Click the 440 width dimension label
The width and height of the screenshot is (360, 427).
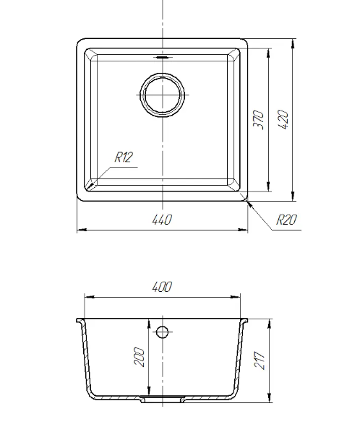tap(162, 220)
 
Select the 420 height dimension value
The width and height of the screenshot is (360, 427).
tap(283, 119)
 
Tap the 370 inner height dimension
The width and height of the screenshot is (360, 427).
tap(258, 120)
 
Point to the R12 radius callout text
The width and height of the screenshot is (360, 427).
tap(124, 157)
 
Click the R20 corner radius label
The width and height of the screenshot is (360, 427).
tap(286, 220)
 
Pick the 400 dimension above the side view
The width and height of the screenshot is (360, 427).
tap(162, 287)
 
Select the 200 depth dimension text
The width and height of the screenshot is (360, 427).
tap(139, 357)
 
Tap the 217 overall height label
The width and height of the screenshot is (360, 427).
tap(260, 361)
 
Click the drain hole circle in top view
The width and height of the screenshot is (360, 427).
tap(162, 74)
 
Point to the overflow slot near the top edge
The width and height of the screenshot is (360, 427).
tap(163, 57)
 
